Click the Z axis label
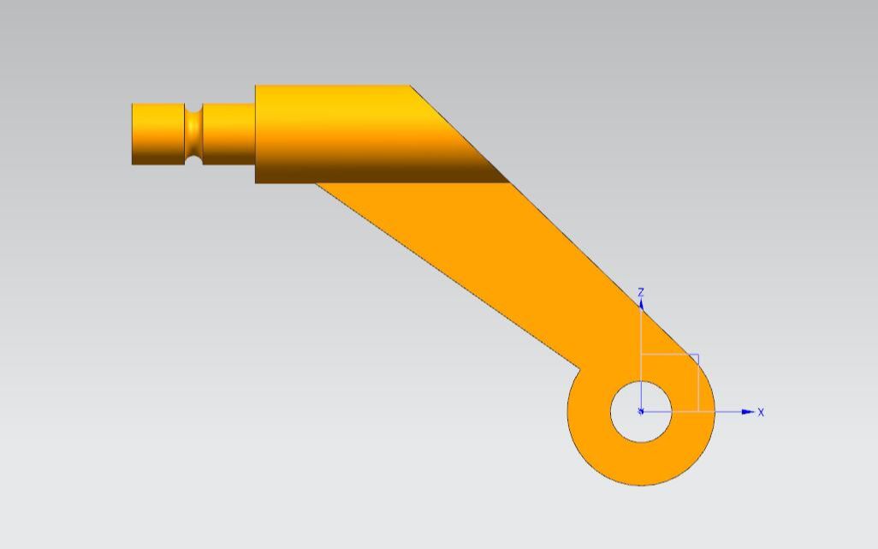[x=641, y=292]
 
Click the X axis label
[x=761, y=412]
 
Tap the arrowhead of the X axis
[x=748, y=412]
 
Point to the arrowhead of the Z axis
[x=641, y=304]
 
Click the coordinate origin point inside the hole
[x=641, y=412]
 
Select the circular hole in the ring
[x=641, y=412]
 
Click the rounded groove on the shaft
[x=193, y=134]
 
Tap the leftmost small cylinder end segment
[x=158, y=134]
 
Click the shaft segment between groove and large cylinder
[x=228, y=134]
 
